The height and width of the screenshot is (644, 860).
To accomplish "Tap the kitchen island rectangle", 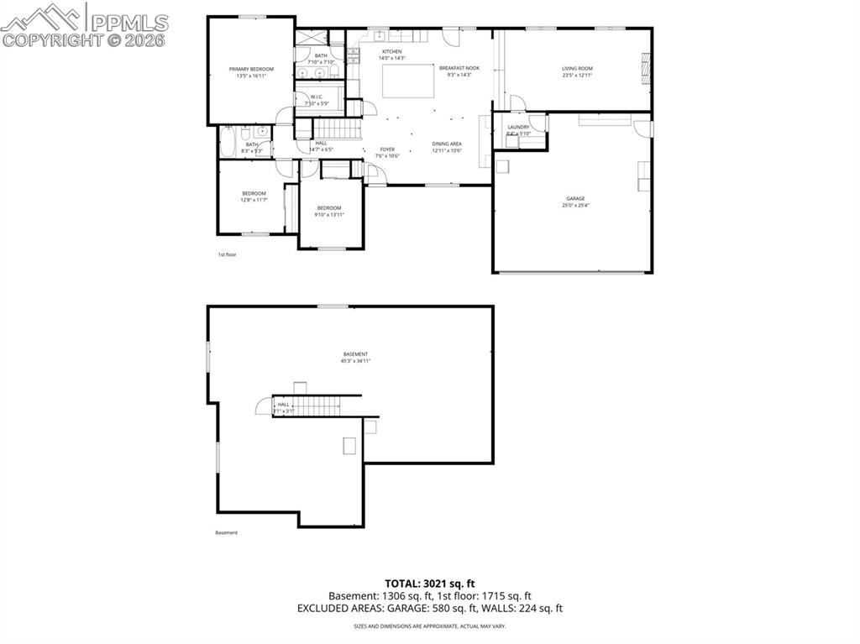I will click(x=408, y=81).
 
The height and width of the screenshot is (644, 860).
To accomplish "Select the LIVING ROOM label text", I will click(x=578, y=68).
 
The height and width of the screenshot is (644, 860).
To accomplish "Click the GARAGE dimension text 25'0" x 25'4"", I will click(x=575, y=205).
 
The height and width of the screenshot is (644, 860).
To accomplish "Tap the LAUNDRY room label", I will click(x=518, y=128).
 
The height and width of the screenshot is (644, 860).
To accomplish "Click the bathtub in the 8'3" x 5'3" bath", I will click(x=228, y=143).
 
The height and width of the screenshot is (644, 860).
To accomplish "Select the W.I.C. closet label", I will click(x=317, y=97).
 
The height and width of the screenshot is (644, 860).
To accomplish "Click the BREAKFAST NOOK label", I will click(x=459, y=68).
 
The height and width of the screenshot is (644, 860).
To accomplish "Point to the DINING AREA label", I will click(x=447, y=144).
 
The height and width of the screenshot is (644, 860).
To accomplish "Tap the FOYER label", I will click(x=387, y=149).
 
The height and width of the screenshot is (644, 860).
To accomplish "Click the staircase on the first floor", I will click(x=336, y=128).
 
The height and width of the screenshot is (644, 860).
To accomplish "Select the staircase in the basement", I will click(x=318, y=406).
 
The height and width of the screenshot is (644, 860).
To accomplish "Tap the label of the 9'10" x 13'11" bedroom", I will click(x=329, y=208).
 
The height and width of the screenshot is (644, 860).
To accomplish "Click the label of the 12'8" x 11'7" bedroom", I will click(x=254, y=193).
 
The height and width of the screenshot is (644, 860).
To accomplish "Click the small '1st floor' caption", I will click(x=227, y=254).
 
